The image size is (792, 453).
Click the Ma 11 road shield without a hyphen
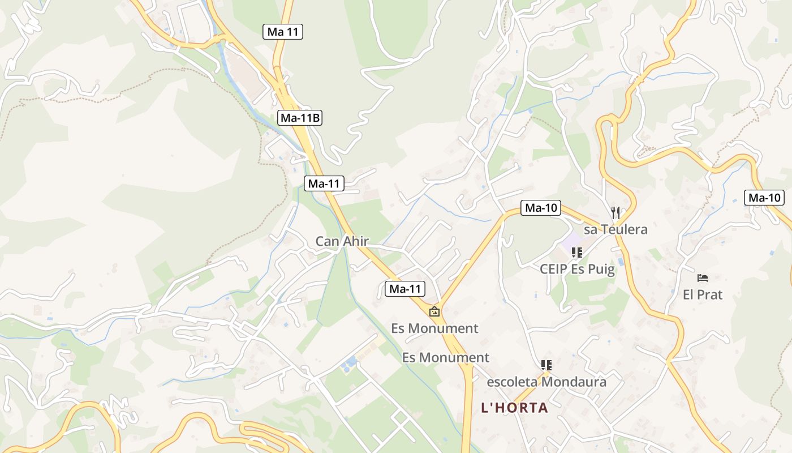283,32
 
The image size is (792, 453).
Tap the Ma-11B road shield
300,118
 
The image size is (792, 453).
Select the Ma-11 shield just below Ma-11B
324,183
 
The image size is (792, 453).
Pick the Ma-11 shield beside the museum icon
405,289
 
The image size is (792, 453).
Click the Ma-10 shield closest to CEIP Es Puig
541,208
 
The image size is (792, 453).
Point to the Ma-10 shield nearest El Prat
764,198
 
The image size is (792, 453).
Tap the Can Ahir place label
342,241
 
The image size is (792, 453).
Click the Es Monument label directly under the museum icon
434,328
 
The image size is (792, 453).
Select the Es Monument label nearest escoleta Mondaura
445,357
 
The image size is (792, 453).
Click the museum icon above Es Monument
434,311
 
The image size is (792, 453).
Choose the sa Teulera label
615,229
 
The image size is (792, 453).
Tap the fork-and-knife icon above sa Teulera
615,213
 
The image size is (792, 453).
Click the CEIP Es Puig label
577,269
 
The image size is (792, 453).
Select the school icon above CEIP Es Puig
577,253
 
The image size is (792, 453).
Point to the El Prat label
703,294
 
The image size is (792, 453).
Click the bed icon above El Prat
703,278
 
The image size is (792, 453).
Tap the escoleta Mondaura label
546,382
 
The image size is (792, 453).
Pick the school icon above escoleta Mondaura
546,365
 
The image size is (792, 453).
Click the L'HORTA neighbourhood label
514,408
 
